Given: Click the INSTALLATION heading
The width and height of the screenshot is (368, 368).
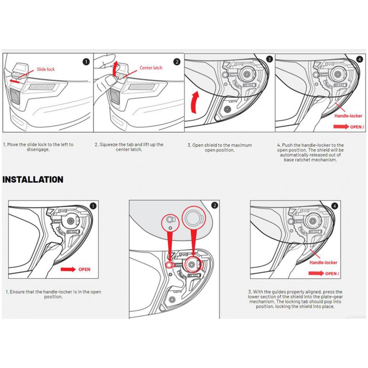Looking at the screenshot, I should (33, 180).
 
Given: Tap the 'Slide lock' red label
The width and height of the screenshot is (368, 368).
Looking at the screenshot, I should (45, 69).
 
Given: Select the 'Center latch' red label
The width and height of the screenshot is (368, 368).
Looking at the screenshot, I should (151, 68).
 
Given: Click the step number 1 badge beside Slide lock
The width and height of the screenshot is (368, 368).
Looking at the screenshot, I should (86, 61).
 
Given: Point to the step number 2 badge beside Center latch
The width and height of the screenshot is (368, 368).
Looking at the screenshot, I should (177, 61).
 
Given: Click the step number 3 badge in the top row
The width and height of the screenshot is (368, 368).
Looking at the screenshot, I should (269, 59).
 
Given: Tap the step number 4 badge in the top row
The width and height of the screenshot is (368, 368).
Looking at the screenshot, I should (360, 59).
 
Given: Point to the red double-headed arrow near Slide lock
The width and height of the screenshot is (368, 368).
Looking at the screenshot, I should (15, 80).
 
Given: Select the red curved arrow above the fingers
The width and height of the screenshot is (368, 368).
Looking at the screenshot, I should (116, 68).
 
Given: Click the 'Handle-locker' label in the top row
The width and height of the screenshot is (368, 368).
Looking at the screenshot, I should (348, 116).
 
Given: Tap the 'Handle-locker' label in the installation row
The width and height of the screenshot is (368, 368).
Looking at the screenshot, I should (323, 262).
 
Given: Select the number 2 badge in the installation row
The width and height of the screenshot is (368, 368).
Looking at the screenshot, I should (215, 206).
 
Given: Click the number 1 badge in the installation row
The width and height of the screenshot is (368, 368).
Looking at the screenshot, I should (93, 206).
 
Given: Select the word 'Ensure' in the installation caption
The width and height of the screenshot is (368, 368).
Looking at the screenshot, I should (17, 292).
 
